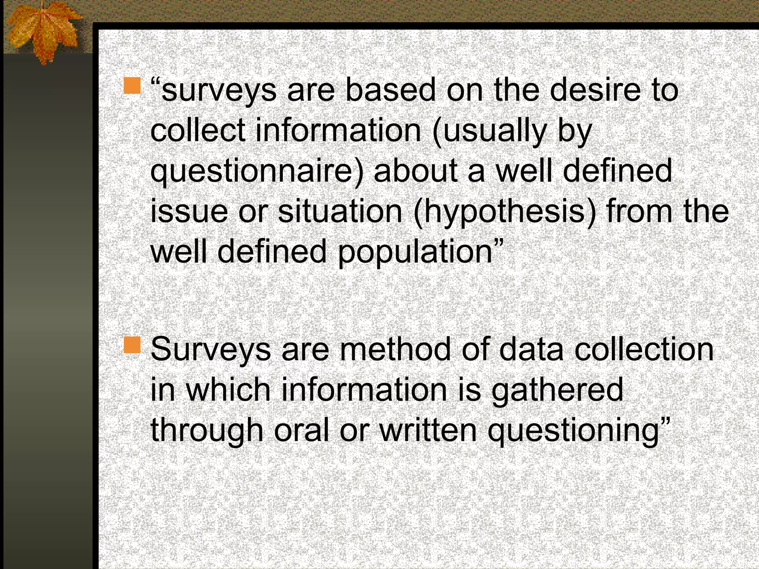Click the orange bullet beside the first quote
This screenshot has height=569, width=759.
point(132,86)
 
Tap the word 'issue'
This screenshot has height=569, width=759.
point(189,211)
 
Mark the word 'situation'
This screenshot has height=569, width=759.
point(340,211)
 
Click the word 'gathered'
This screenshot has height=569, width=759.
point(558,390)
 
